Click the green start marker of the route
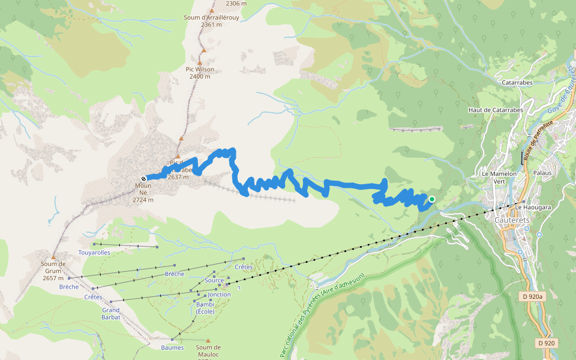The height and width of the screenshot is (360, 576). (x=431, y=199)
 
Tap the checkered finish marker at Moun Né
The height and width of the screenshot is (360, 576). (x=143, y=178)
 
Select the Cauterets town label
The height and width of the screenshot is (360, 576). (x=511, y=220)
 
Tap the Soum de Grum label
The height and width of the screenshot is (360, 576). (x=53, y=267)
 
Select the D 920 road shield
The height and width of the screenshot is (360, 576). (x=546, y=343)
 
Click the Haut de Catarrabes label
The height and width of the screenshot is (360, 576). (x=496, y=110)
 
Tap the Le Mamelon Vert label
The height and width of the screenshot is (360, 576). (x=499, y=177)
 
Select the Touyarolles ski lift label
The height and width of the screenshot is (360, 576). (x=94, y=253)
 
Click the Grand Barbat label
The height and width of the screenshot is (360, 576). (x=111, y=313)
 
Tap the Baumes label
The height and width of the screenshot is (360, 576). (x=172, y=347)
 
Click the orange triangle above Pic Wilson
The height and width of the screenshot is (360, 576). (x=203, y=50)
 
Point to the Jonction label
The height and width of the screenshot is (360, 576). (x=220, y=295)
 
